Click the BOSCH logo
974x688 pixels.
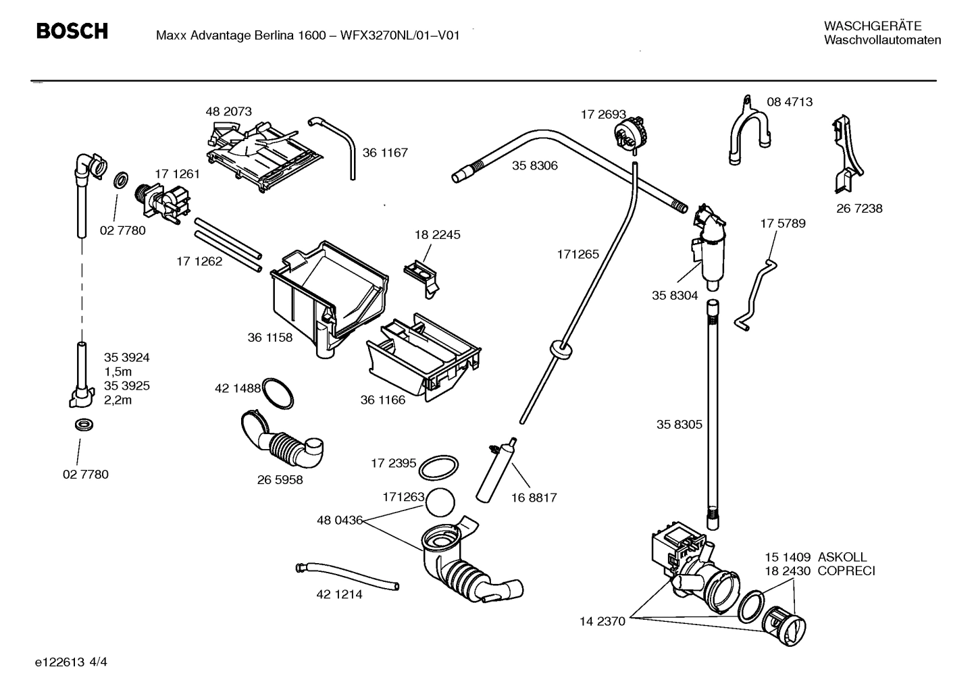coord(72,31)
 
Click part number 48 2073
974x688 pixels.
coord(228,111)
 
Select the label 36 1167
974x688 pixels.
coord(385,153)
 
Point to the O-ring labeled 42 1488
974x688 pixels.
coord(277,394)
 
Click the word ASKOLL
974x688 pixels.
coord(842,557)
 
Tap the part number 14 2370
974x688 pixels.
coord(603,621)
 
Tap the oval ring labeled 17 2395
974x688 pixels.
coord(439,467)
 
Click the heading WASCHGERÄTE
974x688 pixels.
coord(872,26)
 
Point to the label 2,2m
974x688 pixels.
coord(118,400)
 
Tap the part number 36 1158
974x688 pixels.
coord(270,338)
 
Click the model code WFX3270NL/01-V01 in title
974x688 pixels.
coord(400,35)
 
